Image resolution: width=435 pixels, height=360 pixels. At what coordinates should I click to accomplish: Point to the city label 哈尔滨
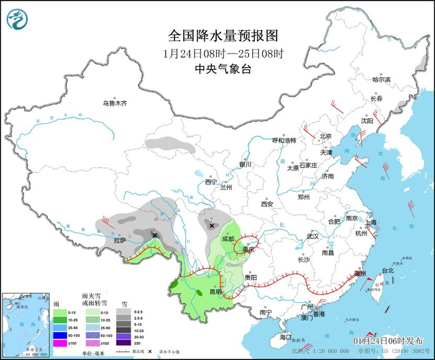pos(381,80)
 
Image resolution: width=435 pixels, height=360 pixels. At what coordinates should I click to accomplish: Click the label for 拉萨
pos(119,240)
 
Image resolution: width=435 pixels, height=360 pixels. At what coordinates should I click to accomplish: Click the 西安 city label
pos(267,203)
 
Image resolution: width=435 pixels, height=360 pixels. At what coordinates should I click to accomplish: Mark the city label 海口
pos(285,336)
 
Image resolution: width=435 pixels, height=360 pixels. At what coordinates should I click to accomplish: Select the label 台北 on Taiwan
pos(388,270)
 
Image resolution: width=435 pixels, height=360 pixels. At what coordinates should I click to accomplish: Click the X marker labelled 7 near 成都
pos(212,226)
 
